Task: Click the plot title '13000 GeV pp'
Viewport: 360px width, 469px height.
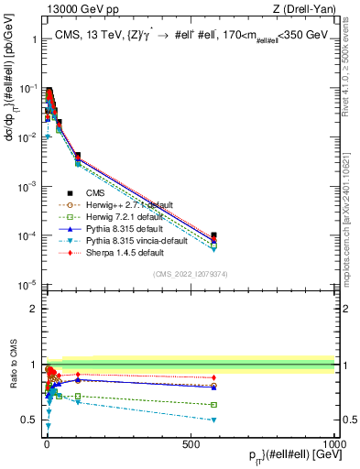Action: (73, 8)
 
